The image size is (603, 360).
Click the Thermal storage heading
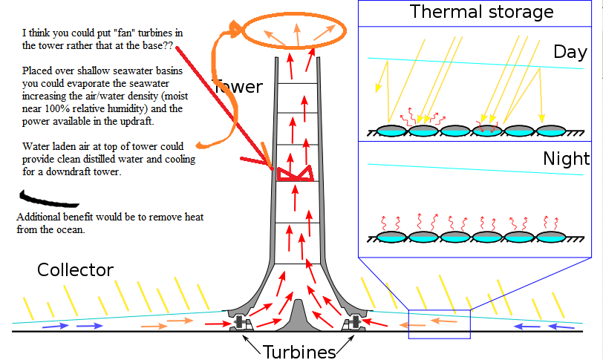point(481,12)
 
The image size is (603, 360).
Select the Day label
point(570,53)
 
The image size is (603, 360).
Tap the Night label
point(566,159)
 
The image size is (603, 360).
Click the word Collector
point(76,269)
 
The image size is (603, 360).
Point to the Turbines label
point(299,352)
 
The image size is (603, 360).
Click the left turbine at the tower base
point(242,323)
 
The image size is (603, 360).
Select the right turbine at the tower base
point(353,323)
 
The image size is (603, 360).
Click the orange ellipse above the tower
point(294,47)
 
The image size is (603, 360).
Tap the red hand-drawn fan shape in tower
point(295,174)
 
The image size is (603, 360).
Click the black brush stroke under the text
point(48,200)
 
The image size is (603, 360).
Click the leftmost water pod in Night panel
point(391,237)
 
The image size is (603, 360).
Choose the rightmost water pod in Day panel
point(551,131)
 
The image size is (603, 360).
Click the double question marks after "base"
point(169,45)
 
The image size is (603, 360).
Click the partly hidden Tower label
point(238,87)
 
